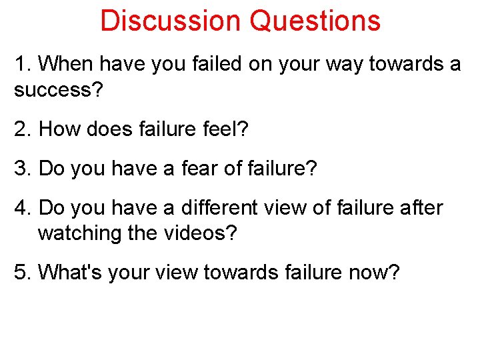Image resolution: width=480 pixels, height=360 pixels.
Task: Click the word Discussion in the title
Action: point(171,21)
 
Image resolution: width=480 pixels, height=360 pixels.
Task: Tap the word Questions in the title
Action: point(315,21)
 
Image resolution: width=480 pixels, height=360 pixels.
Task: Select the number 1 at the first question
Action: point(19,64)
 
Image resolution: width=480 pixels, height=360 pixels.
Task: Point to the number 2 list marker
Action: point(19,129)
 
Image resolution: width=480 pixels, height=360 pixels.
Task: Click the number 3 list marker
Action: point(19,169)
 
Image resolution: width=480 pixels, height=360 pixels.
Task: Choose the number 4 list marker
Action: point(19,208)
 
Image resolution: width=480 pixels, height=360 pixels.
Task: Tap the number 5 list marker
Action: point(19,272)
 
